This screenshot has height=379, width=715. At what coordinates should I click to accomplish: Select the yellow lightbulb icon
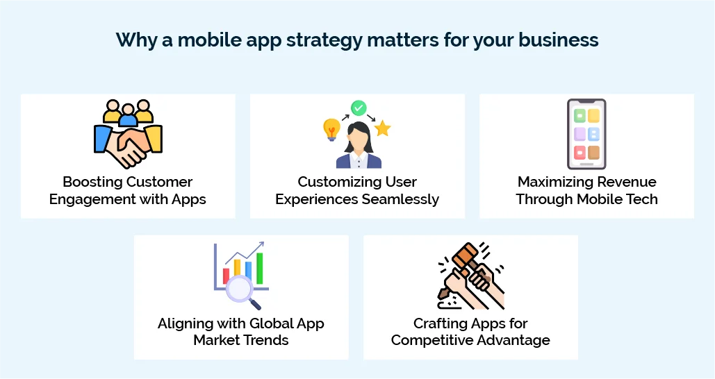click(331, 129)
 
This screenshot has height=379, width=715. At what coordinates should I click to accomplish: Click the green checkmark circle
click(359, 108)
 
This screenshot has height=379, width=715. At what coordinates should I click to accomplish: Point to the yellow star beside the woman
click(382, 128)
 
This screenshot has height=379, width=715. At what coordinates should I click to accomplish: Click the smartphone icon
click(586, 134)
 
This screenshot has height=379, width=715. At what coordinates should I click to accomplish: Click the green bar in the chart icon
click(259, 268)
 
